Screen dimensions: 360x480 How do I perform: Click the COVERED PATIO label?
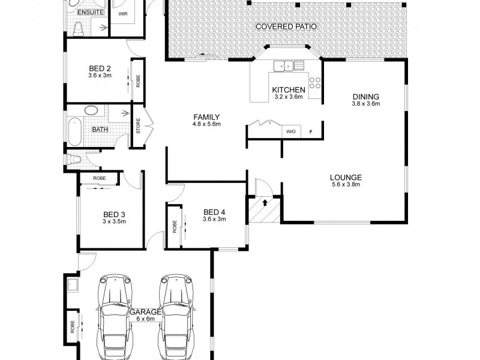click(286, 26)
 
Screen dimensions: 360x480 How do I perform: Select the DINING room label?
click(366, 97)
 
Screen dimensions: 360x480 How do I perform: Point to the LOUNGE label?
click(346, 177)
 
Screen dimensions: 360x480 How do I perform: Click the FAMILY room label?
click(206, 117)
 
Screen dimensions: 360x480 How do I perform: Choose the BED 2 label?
click(100, 68)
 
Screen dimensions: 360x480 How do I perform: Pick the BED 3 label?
click(114, 214)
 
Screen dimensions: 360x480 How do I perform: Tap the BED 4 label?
click(214, 212)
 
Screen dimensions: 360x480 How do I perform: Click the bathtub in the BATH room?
click(74, 131)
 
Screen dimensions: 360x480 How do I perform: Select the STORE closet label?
click(138, 128)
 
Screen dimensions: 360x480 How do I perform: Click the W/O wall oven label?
click(291, 131)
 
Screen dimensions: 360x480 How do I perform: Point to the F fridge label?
click(311, 131)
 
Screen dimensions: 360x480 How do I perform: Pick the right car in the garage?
click(176, 315)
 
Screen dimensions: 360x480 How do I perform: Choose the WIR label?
click(122, 13)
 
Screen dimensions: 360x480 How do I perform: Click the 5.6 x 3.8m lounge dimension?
click(346, 185)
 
